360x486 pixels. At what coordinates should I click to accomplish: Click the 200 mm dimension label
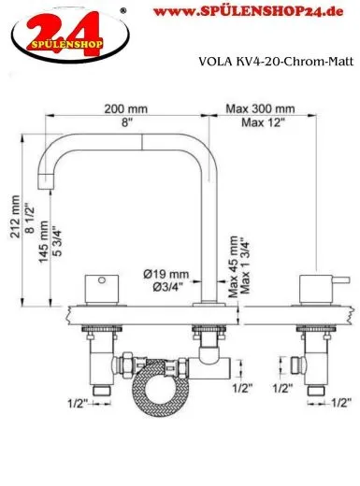point(125,109)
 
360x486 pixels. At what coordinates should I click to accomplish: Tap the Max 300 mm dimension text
point(260,108)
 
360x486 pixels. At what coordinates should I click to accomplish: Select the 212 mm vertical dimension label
point(15,217)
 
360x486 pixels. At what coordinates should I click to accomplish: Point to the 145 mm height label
point(43,242)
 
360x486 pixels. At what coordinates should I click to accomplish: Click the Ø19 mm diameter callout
point(166,274)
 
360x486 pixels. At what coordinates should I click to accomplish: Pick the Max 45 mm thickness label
point(233,266)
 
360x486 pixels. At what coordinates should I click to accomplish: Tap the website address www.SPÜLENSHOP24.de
point(249,11)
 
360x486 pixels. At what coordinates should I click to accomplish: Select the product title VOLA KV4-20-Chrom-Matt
point(276,62)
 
